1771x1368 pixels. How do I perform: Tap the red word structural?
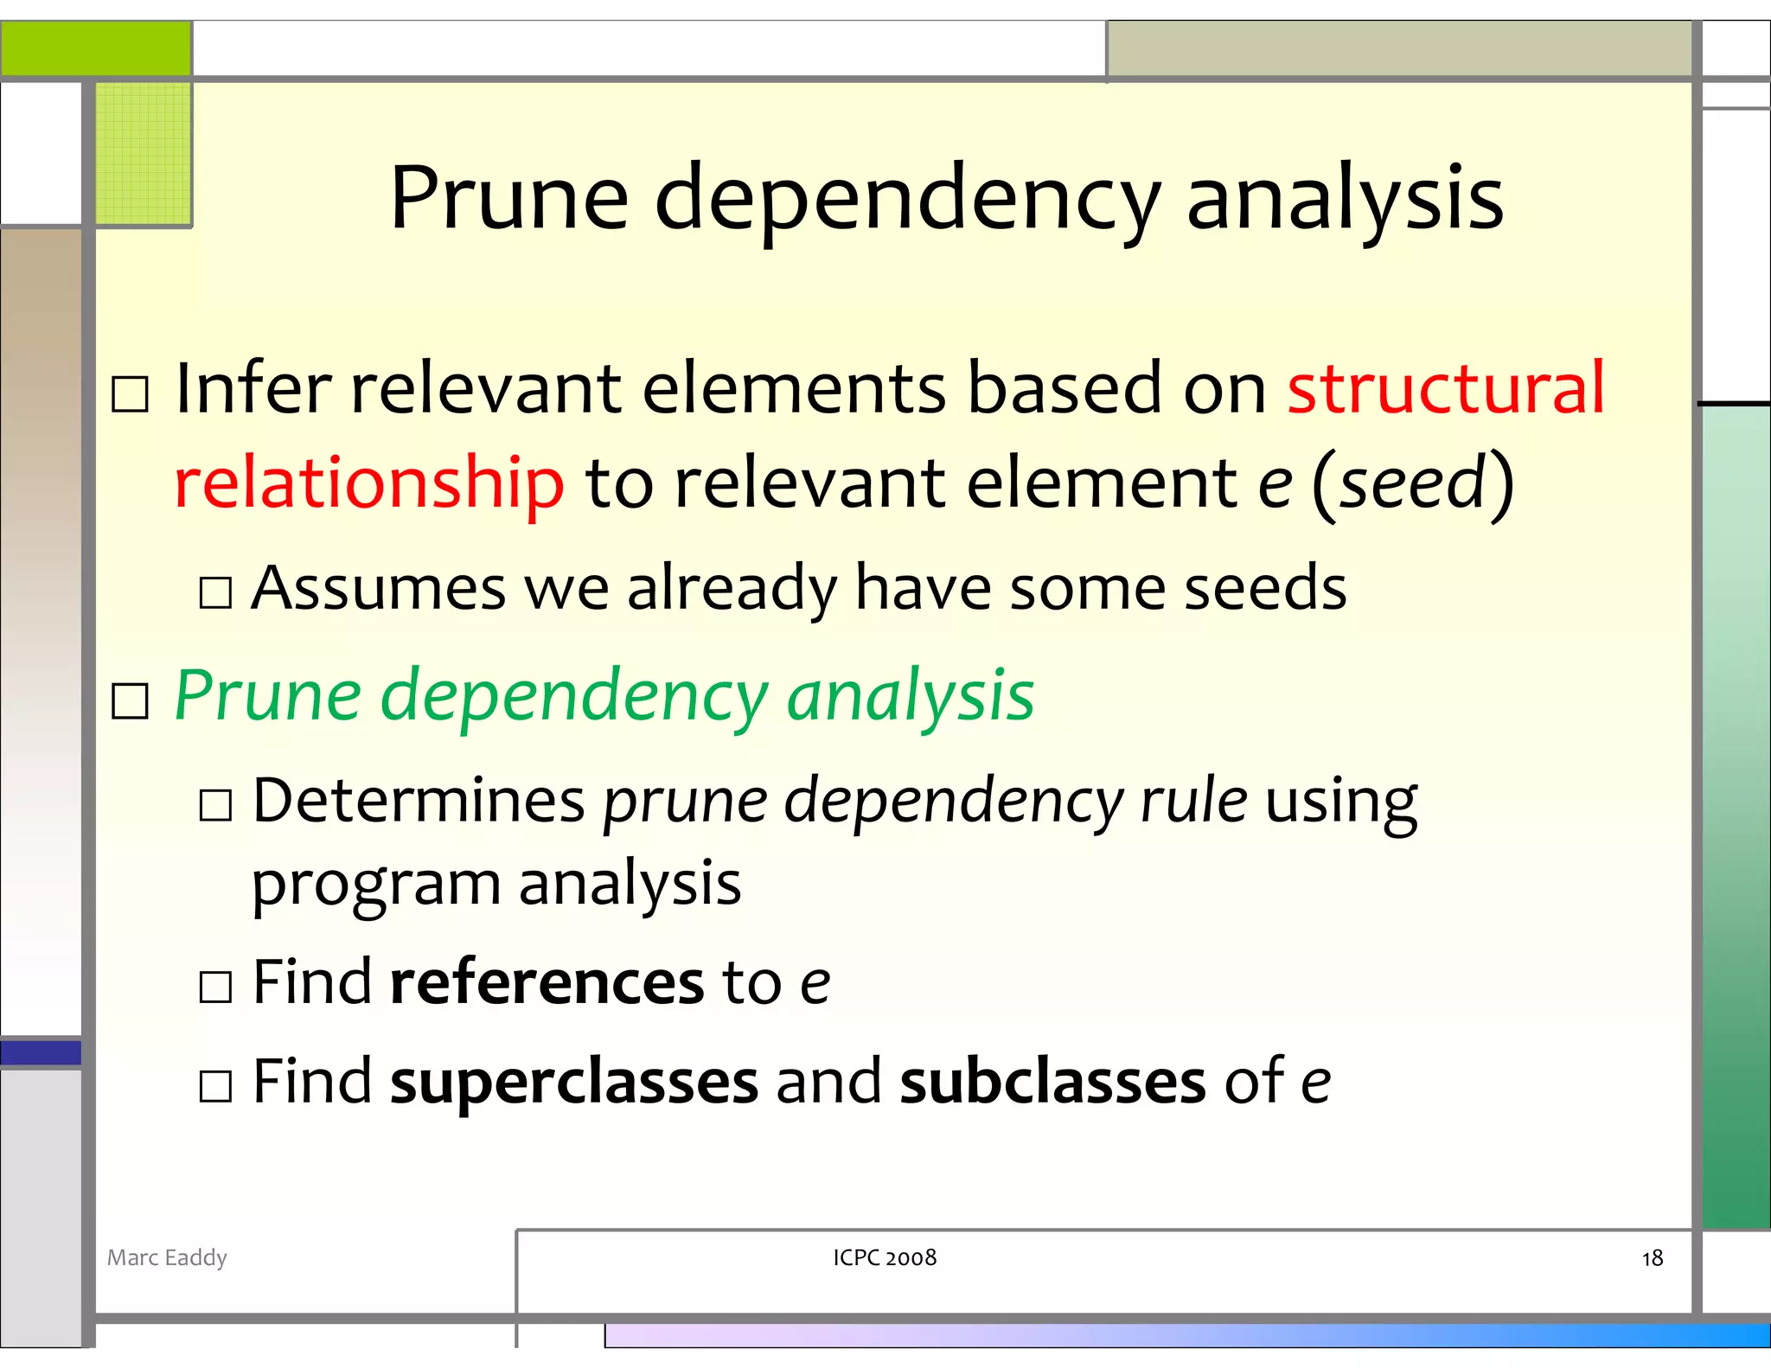pos(1446,387)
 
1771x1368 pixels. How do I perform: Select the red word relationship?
pos(369,482)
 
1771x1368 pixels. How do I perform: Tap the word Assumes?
pos(378,588)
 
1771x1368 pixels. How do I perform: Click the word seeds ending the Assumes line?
pos(1265,588)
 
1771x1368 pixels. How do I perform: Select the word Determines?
pos(419,800)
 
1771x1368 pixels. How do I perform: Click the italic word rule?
pos(1193,800)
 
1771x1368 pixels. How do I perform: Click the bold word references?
pos(547,982)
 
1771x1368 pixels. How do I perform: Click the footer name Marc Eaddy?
pos(167,1257)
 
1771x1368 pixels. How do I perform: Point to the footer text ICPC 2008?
pos(885,1257)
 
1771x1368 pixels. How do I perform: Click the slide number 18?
pos(1652,1258)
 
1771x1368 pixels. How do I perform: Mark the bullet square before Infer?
pos(131,394)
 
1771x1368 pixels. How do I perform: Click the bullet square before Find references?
pos(215,987)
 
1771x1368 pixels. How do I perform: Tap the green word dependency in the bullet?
pos(573,696)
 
